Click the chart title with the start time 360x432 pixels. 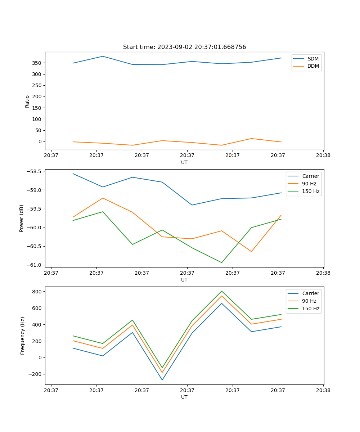(184, 47)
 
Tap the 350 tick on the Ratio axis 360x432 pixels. (37, 63)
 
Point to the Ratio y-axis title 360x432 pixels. (27, 101)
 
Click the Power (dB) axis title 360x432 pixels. (22, 218)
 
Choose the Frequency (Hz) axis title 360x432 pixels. (22, 336)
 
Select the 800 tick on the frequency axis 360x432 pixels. (37, 291)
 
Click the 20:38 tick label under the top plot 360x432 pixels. (323, 156)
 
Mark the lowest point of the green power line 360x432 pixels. (221, 262)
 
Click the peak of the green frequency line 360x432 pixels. (221, 291)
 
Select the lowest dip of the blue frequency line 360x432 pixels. (162, 380)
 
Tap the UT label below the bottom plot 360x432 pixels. (184, 397)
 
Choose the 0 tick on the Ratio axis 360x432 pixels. (40, 141)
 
